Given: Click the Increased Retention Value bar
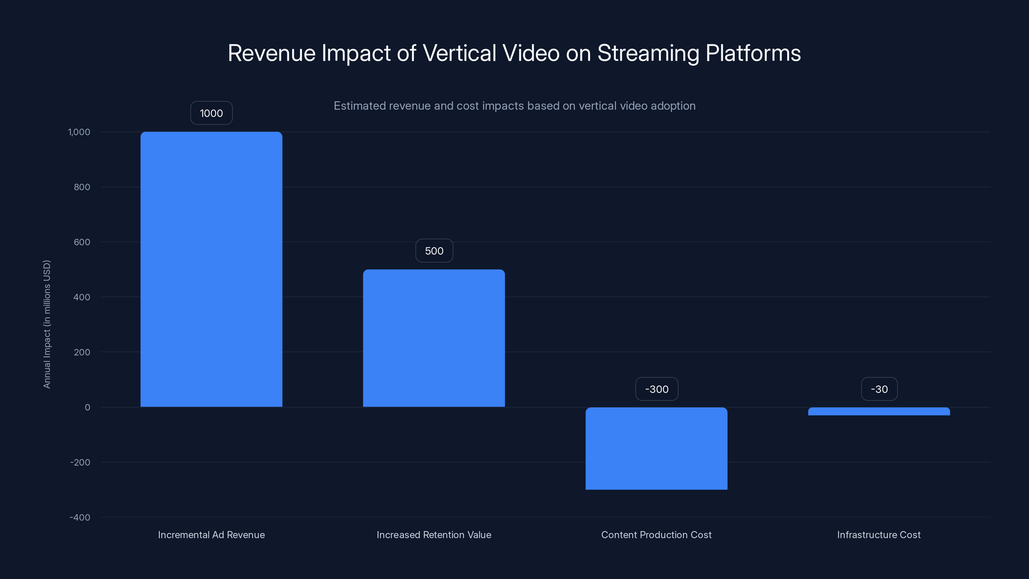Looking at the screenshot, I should coord(434,338).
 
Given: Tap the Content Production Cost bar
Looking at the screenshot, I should coord(656,448).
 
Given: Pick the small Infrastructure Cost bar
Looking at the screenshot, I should coord(879,411).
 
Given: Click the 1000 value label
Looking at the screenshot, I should coord(211,113).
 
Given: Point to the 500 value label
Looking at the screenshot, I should coord(434,251).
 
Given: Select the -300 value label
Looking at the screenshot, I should coord(657,389).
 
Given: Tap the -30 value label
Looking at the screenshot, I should coord(879,389).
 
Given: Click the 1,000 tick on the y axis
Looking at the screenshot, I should coord(79,132).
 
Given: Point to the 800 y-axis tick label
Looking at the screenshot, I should coord(82,187).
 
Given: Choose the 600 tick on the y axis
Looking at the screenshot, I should coord(82,242).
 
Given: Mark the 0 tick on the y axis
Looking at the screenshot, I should coord(87,407).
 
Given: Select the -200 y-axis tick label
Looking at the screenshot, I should coord(80,462).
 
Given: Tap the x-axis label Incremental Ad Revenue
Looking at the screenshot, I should coord(211,535).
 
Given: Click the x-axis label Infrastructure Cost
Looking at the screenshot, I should coord(879,535).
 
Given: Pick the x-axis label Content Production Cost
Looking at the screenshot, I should coord(656,535).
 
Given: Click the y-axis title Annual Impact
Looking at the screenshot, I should coord(47,324).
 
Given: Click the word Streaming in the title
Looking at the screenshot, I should coord(648,53).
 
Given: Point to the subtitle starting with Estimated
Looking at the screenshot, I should coord(514,106).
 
